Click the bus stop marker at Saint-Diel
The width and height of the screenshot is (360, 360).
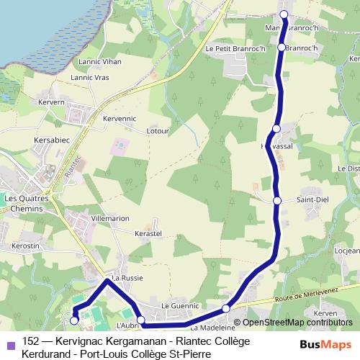click(x=277, y=200)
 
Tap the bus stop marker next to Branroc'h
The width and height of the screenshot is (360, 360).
click(x=282, y=48)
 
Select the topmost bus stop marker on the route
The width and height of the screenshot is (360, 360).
click(x=284, y=14)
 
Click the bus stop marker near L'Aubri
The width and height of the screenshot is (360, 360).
click(x=141, y=320)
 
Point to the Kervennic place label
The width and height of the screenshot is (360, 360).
click(x=120, y=117)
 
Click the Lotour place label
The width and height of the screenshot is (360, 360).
click(x=158, y=131)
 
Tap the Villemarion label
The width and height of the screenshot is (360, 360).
click(x=111, y=217)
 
